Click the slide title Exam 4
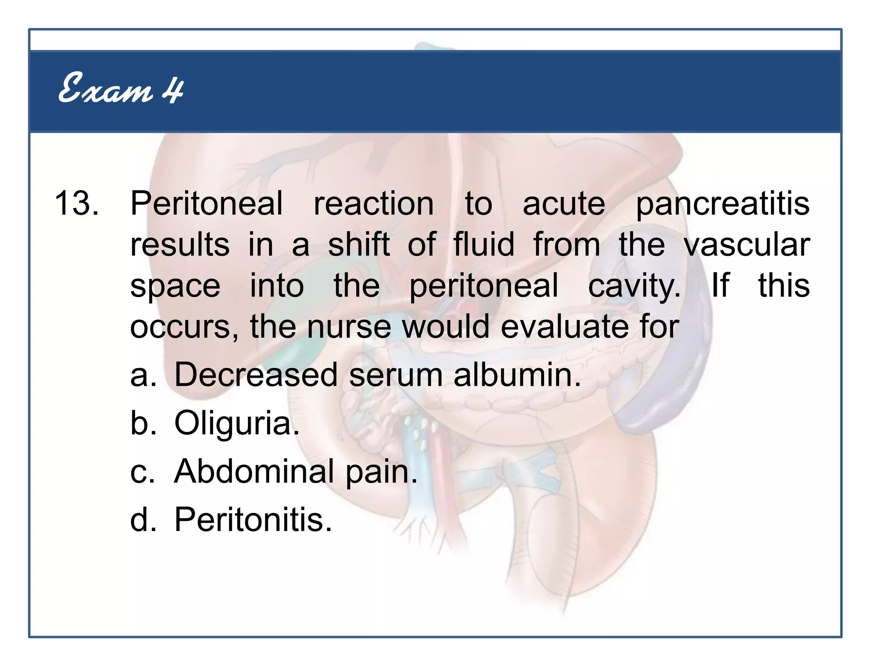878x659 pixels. point(121,89)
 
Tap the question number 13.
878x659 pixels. point(76,203)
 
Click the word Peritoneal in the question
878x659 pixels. point(206,203)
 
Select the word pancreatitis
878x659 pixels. point(722,204)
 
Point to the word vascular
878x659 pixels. point(746,245)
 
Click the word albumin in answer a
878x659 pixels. point(517,375)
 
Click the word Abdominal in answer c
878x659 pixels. point(254,471)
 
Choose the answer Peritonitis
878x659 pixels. point(253,520)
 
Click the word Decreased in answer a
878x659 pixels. point(256,375)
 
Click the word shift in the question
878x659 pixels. point(359,245)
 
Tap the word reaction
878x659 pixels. point(373,203)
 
